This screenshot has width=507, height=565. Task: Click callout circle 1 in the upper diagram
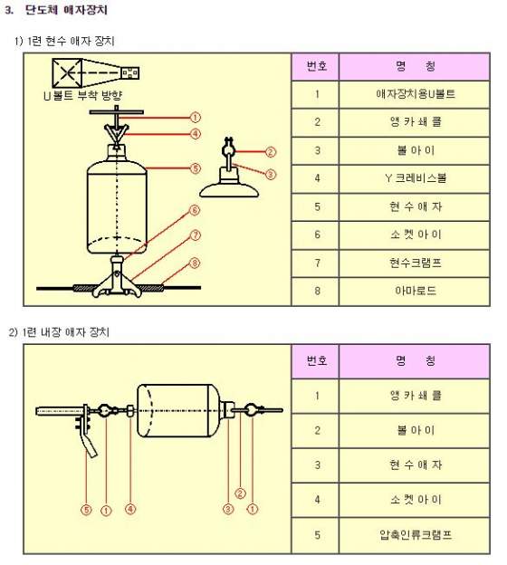click(x=195, y=118)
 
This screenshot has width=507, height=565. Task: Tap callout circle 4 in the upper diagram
click(x=195, y=134)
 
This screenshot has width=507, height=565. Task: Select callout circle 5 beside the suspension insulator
click(x=195, y=168)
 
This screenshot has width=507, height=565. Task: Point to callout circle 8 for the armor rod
click(x=195, y=263)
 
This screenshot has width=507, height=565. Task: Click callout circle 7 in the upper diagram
click(x=195, y=235)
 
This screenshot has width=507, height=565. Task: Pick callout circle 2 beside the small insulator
click(x=271, y=152)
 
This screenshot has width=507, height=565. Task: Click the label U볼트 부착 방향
click(x=83, y=96)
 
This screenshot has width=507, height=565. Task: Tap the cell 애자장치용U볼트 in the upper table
click(x=415, y=94)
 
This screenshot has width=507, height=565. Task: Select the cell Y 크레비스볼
click(x=415, y=178)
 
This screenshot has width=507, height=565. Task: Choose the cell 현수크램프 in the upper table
click(x=415, y=263)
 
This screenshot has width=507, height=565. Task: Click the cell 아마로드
click(x=415, y=292)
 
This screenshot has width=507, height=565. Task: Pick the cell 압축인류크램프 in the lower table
click(x=415, y=535)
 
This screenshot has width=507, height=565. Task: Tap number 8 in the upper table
click(x=317, y=291)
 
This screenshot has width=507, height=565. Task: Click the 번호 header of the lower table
click(x=316, y=361)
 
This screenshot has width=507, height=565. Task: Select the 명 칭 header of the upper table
click(x=415, y=67)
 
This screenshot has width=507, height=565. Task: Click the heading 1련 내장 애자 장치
click(x=65, y=332)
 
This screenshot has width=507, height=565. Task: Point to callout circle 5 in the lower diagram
click(x=86, y=510)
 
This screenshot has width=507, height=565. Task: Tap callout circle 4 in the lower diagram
click(x=130, y=509)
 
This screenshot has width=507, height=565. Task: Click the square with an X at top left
click(x=67, y=73)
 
